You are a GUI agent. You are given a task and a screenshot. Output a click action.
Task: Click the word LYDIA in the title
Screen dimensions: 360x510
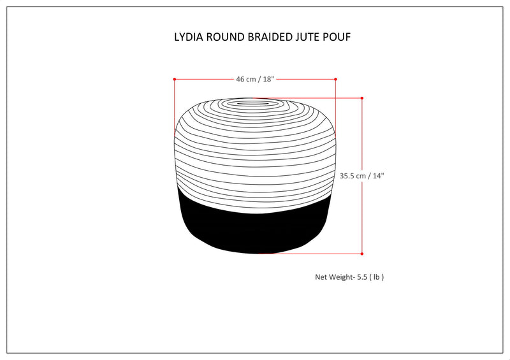[x=189, y=37]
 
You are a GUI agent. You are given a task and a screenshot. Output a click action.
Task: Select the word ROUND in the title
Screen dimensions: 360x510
[x=224, y=37]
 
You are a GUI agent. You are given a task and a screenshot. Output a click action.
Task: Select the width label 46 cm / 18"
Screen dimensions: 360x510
[x=255, y=79]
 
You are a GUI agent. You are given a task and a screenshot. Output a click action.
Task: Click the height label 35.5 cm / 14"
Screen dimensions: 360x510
[x=362, y=176]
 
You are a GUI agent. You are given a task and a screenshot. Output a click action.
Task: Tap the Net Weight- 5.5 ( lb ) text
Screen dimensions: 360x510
[x=349, y=277]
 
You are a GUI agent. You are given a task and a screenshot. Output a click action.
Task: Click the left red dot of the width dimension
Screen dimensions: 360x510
[x=174, y=79]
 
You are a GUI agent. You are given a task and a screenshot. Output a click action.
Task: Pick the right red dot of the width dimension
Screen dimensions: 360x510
[x=336, y=79]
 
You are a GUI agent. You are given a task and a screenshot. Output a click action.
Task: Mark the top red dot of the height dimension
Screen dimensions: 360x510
[x=362, y=98]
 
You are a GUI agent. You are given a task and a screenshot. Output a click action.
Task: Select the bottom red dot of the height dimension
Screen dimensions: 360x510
[x=362, y=254]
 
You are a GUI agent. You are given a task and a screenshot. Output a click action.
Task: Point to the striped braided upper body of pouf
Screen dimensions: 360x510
[x=255, y=153]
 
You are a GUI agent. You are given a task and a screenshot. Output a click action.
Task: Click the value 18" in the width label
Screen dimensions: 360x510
[x=268, y=79]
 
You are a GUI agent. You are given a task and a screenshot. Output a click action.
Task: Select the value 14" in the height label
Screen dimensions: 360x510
[x=378, y=176]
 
